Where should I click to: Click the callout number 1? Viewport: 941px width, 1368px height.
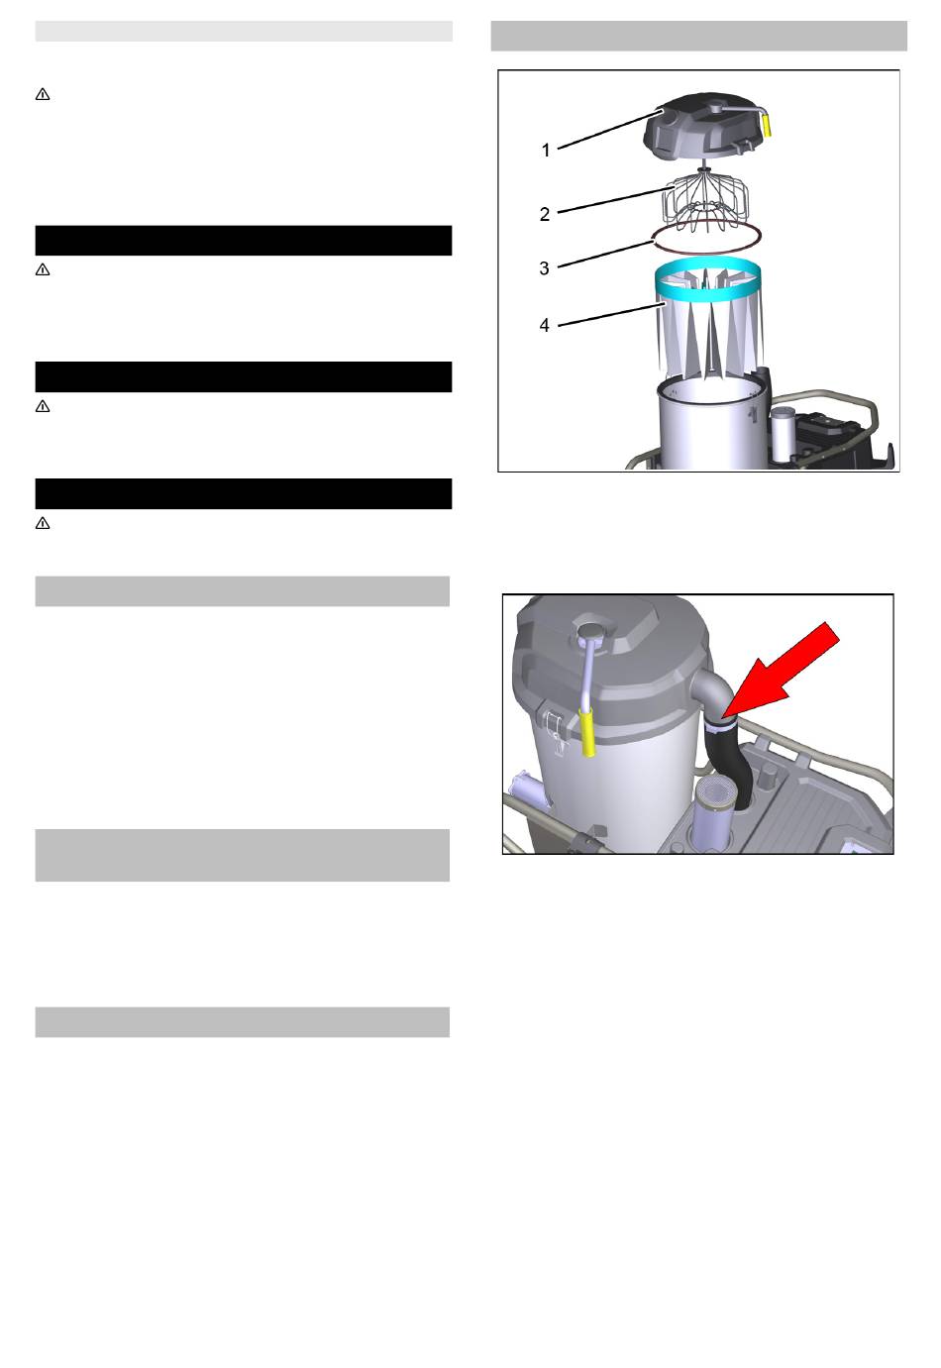(546, 151)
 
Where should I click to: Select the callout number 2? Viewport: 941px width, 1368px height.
(545, 214)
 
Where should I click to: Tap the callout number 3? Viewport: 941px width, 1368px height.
(544, 268)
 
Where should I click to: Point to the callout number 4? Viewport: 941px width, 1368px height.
(544, 326)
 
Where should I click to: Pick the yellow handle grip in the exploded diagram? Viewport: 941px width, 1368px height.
(768, 124)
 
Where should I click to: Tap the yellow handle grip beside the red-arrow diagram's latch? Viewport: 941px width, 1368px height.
(588, 733)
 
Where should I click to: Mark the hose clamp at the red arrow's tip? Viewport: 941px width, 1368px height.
(720, 725)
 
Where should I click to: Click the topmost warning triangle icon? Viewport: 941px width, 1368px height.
(43, 95)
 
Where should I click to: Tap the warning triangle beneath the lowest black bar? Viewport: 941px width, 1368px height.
(43, 523)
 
